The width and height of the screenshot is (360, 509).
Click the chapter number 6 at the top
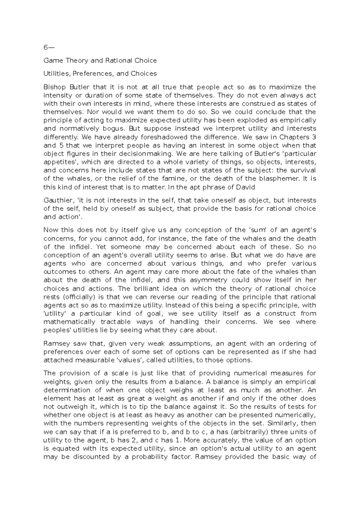(x=46, y=47)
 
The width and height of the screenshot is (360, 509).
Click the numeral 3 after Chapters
(x=313, y=137)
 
